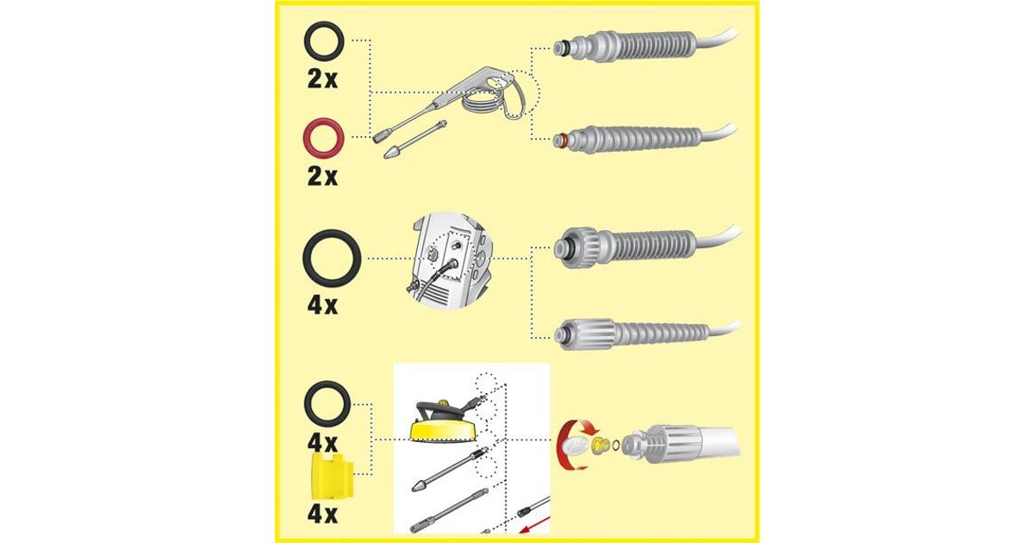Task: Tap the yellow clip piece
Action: pos(333,476)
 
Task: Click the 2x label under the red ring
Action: pos(322,177)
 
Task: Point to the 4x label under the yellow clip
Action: pos(322,515)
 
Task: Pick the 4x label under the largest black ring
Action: pos(322,306)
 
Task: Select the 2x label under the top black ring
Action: pos(322,79)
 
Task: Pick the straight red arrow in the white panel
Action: pos(534,525)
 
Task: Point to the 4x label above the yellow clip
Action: pos(322,443)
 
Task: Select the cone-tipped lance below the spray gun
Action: pos(415,140)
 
